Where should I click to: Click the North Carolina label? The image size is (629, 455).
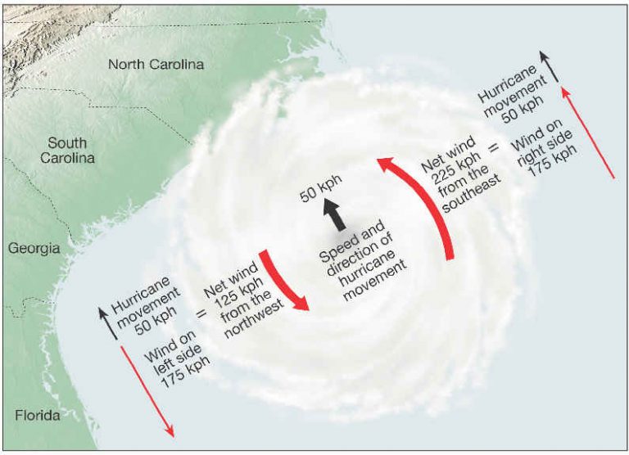pyautogui.click(x=156, y=64)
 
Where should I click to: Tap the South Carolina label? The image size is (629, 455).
pyautogui.click(x=68, y=150)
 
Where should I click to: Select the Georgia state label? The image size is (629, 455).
pyautogui.click(x=35, y=248)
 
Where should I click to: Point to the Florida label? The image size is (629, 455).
pyautogui.click(x=38, y=416)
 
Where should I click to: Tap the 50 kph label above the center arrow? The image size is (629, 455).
pyautogui.click(x=321, y=191)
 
